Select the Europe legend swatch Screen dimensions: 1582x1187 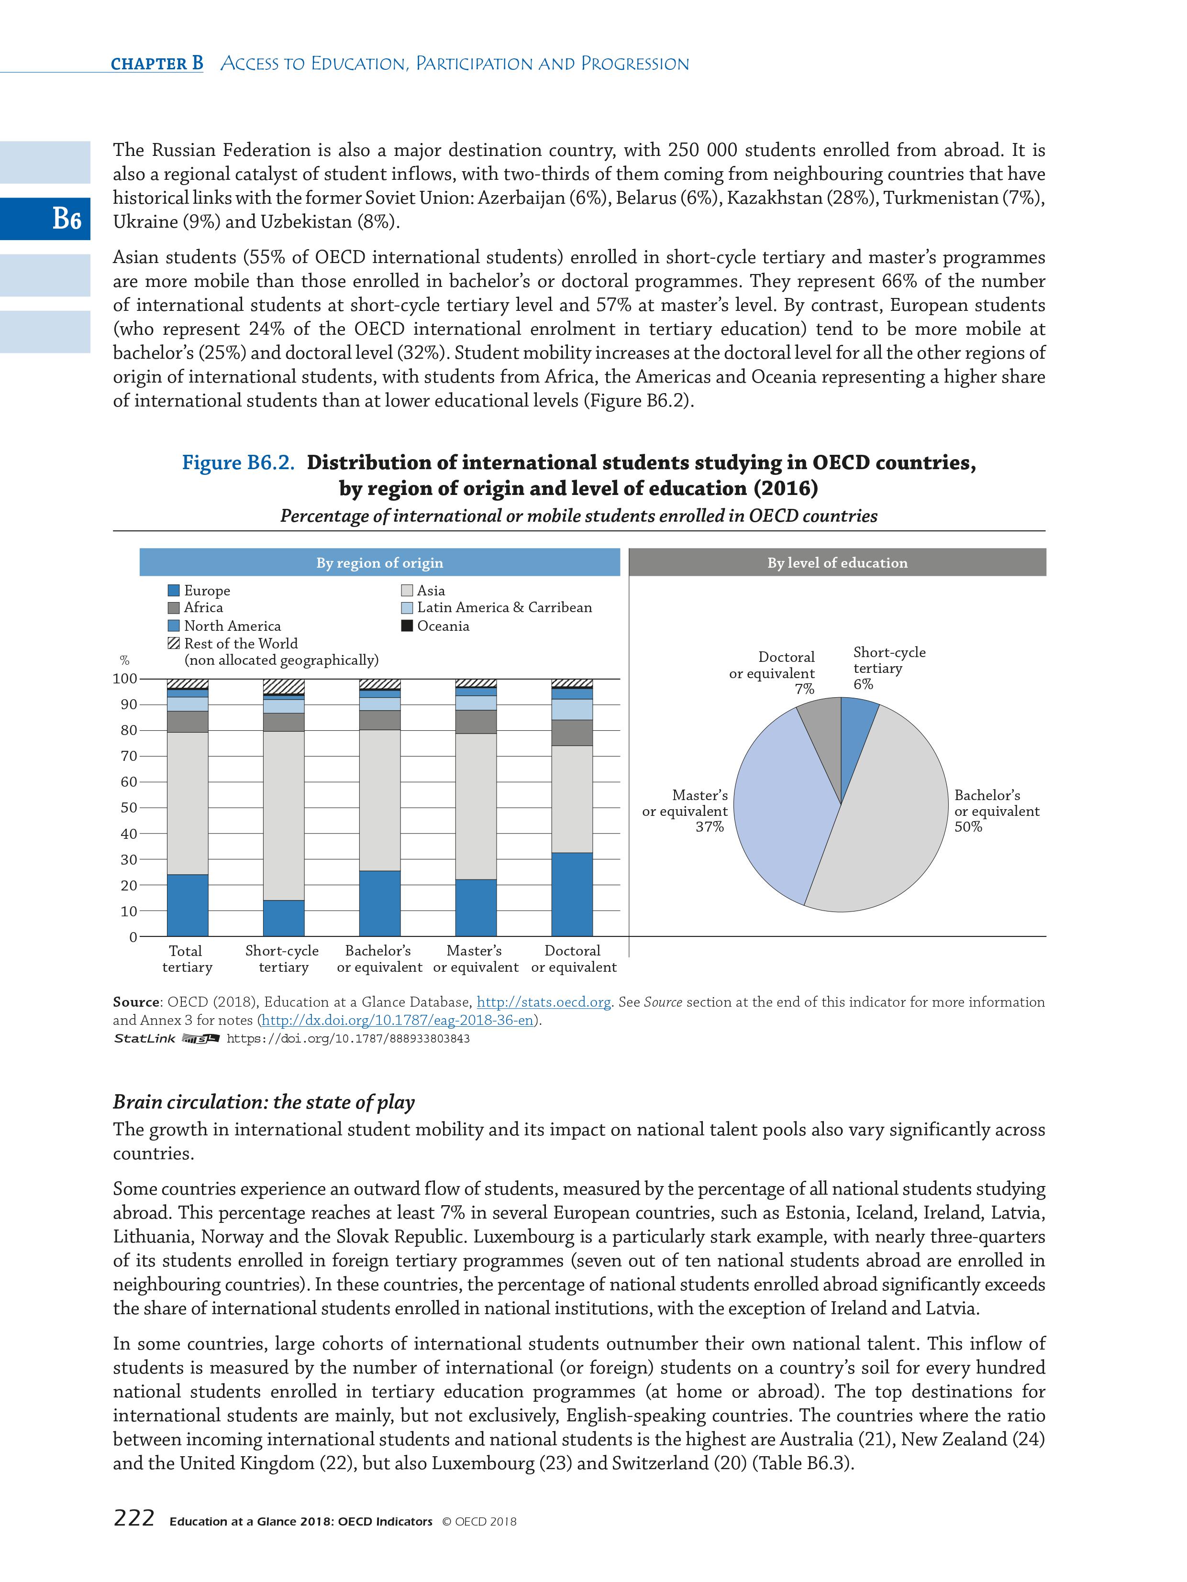point(173,591)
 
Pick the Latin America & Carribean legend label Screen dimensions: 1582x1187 point(504,608)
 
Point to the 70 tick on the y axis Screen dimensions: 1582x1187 point(129,757)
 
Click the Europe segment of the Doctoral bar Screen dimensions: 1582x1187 point(572,894)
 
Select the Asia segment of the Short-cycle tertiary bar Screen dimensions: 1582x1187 point(283,815)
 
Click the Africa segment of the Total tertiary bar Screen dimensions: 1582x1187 point(188,722)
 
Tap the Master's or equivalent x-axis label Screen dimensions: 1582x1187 point(475,959)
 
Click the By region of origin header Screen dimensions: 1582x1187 point(379,563)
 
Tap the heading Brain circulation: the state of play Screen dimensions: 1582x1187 point(263,1102)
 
